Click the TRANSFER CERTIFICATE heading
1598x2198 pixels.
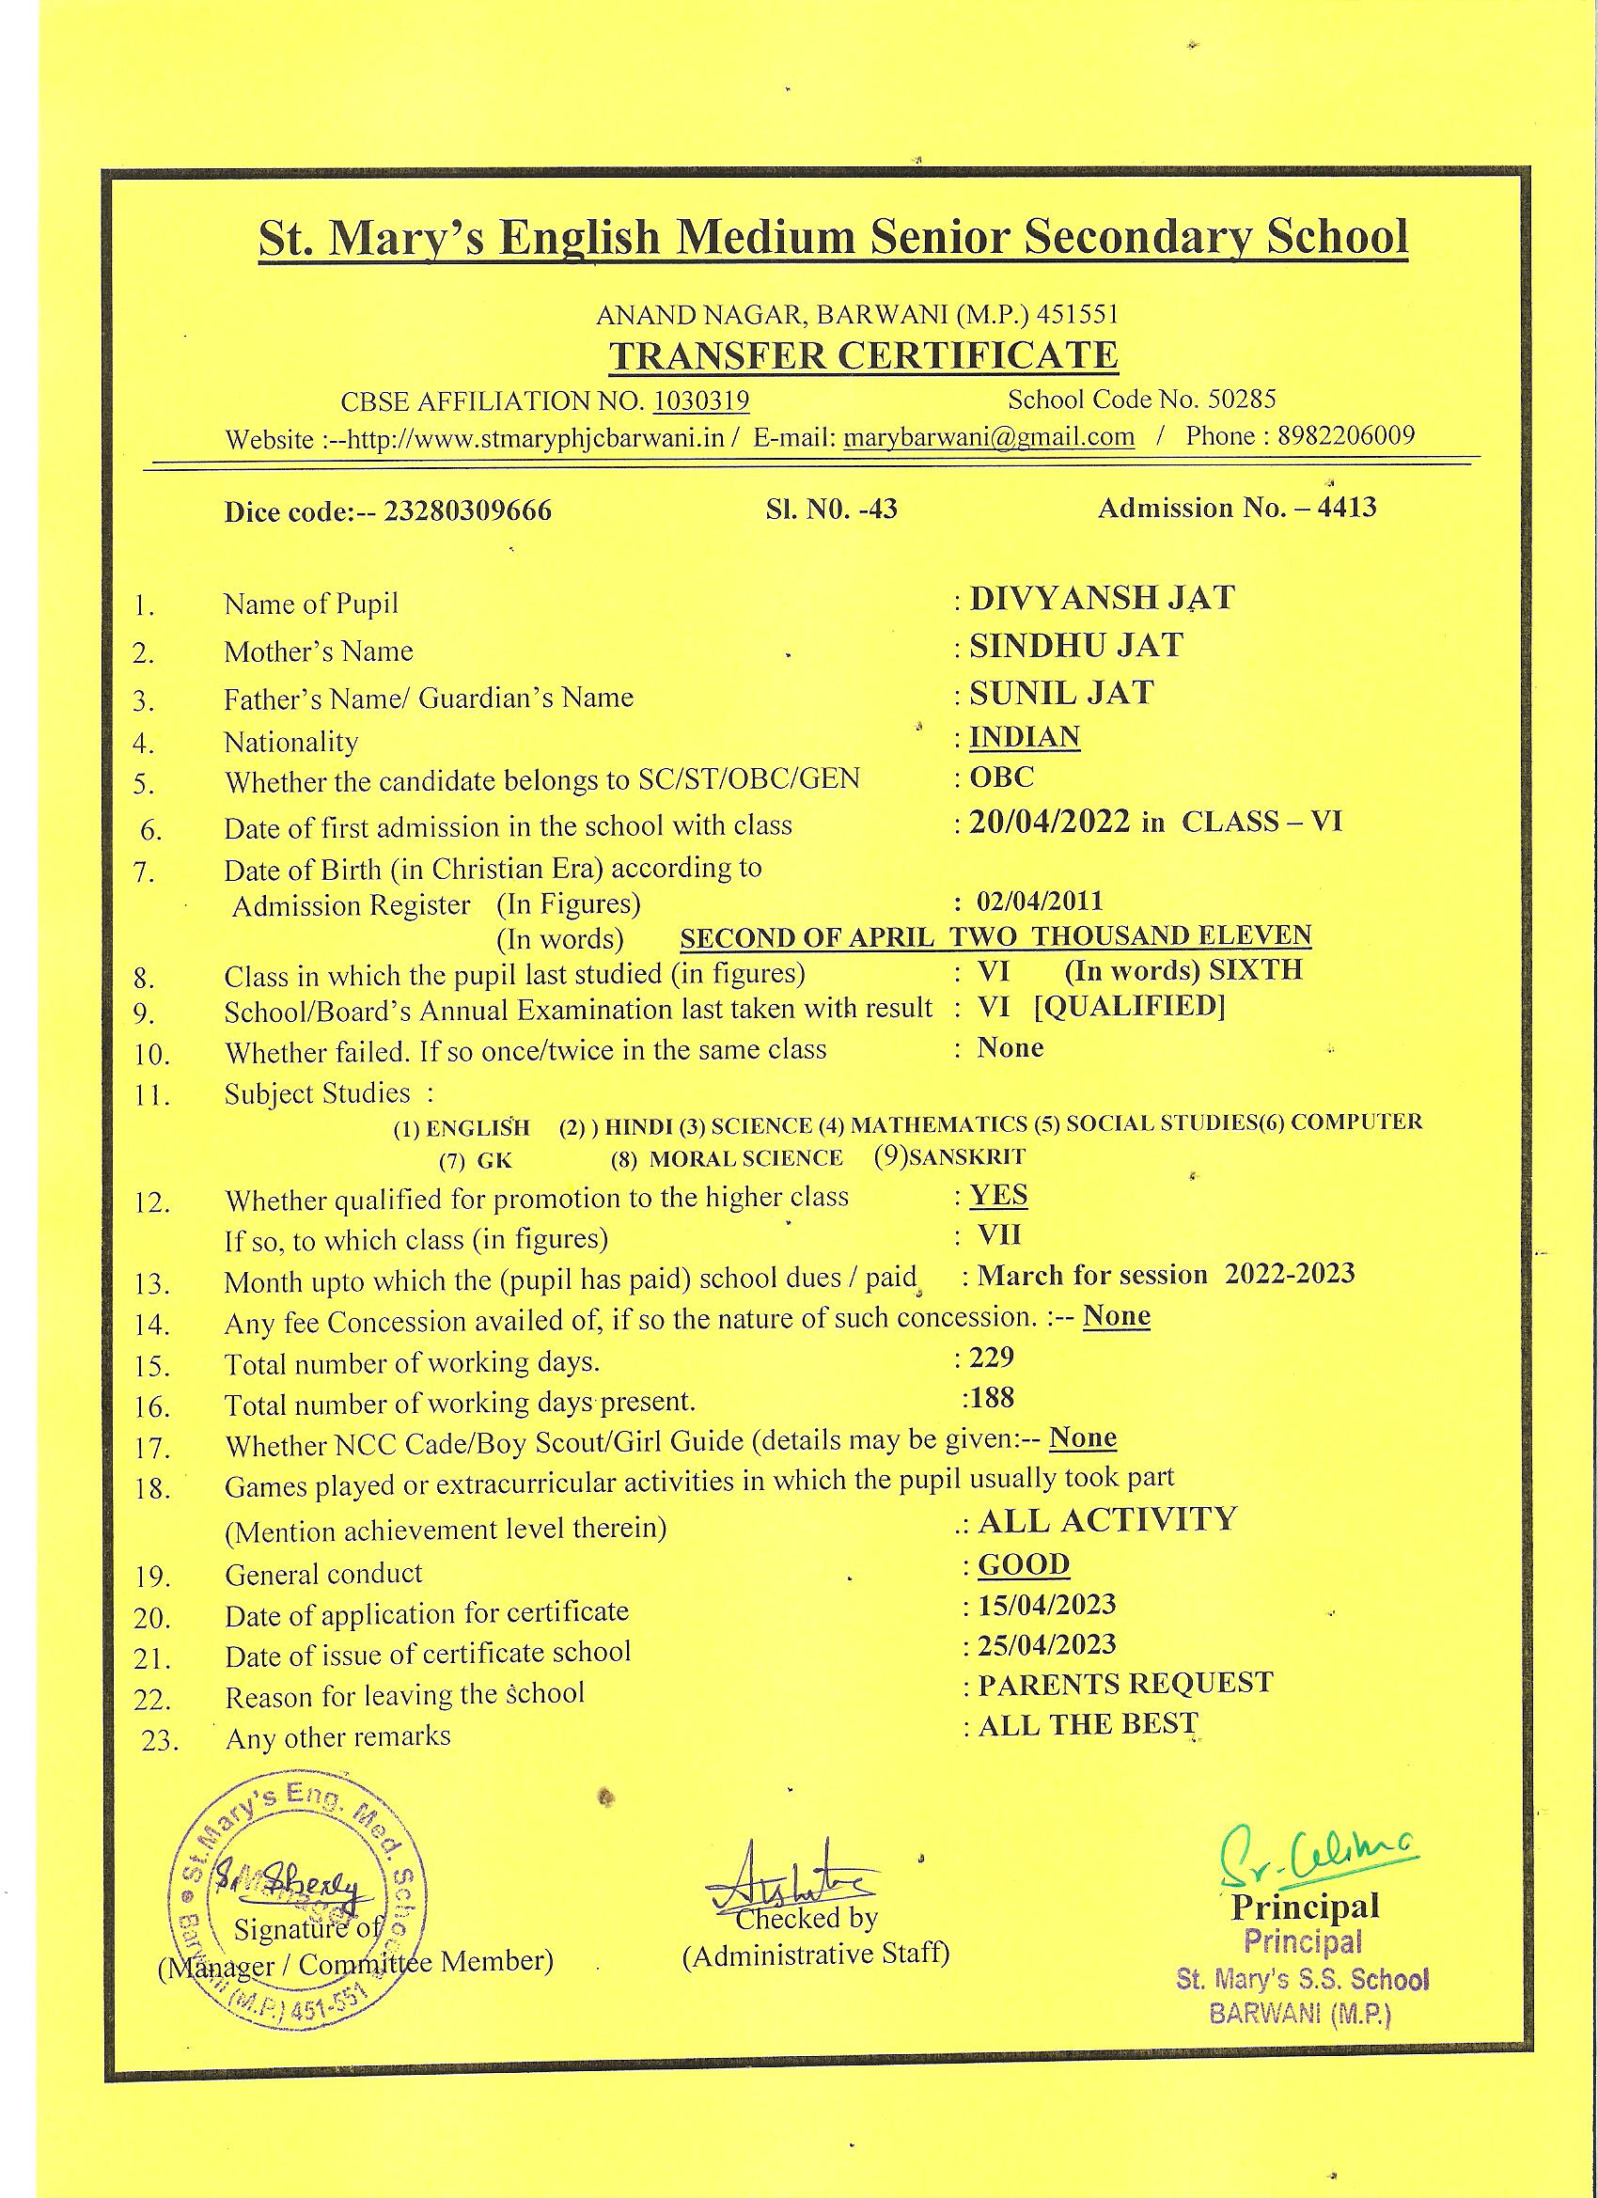pos(863,355)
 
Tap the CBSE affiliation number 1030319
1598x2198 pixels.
pos(701,400)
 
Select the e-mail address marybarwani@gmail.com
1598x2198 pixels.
pos(989,437)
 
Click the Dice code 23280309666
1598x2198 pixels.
pos(468,510)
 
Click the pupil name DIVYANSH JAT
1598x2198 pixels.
pos(1102,598)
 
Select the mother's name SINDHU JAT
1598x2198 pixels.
pos(1076,646)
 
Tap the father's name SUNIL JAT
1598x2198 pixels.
pos(1061,693)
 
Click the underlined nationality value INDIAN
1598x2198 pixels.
pos(1025,736)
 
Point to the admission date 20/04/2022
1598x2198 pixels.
pos(1049,822)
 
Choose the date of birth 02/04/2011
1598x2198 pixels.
pos(1040,902)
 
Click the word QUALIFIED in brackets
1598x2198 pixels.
pos(1129,1006)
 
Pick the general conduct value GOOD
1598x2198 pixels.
pos(1024,1564)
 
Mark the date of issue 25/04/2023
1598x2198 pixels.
pos(1046,1644)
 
